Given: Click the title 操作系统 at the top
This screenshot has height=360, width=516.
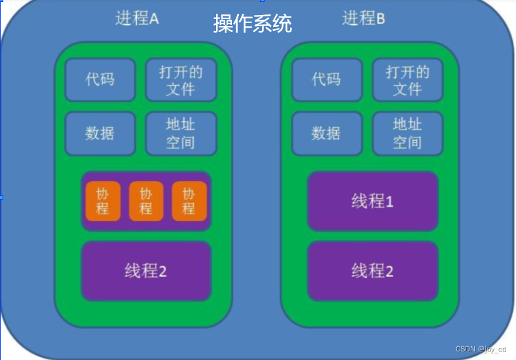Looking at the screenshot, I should [252, 24].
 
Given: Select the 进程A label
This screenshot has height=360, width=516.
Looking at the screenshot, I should [137, 18].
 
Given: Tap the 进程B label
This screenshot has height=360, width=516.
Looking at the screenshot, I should [363, 18].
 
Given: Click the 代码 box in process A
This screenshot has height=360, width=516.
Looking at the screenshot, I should [100, 79].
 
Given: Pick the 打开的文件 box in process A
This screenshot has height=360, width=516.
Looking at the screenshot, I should [181, 80].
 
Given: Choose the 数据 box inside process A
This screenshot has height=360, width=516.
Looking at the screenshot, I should [100, 133].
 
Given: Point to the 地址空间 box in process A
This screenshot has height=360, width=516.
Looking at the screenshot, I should [181, 133].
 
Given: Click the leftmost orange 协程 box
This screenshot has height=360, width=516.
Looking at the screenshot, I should [103, 201].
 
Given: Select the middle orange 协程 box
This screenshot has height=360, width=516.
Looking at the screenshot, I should [145, 201].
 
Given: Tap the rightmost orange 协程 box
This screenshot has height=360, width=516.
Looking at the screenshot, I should [189, 201].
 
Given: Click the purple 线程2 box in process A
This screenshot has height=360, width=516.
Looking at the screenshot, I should [146, 270].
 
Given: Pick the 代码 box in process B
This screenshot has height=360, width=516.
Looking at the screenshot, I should [326, 79].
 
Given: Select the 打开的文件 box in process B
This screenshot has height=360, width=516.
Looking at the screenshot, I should [407, 80].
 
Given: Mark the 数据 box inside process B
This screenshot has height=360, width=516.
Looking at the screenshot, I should [326, 133].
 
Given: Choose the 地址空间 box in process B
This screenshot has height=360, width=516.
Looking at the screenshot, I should [407, 133].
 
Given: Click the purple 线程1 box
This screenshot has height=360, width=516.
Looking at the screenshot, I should [372, 201].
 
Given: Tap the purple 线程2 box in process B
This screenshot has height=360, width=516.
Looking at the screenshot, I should [372, 270].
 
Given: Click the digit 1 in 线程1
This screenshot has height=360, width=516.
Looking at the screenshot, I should [390, 202].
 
